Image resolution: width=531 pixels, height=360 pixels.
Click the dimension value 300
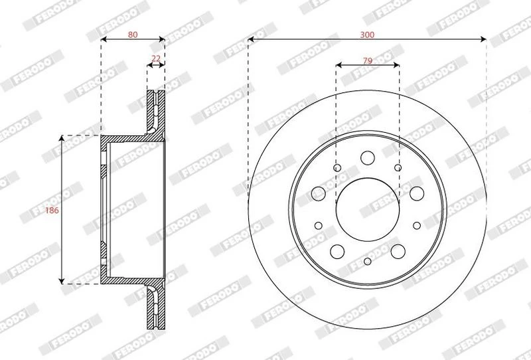tap(367, 35)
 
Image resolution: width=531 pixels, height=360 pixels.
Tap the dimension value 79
tap(368, 60)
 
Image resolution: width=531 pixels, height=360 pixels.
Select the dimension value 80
tap(133, 35)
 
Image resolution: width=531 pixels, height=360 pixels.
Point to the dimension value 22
tap(156, 58)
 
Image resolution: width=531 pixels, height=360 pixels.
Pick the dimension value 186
tap(52, 210)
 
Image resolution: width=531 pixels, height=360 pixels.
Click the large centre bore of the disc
tap(368, 209)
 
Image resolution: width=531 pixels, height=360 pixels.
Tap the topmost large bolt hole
tap(368, 157)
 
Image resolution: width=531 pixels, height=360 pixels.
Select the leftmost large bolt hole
tap(319, 193)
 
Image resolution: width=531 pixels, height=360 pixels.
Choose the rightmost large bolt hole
tap(417, 193)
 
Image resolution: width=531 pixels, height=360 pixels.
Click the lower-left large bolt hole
tap(337, 252)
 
